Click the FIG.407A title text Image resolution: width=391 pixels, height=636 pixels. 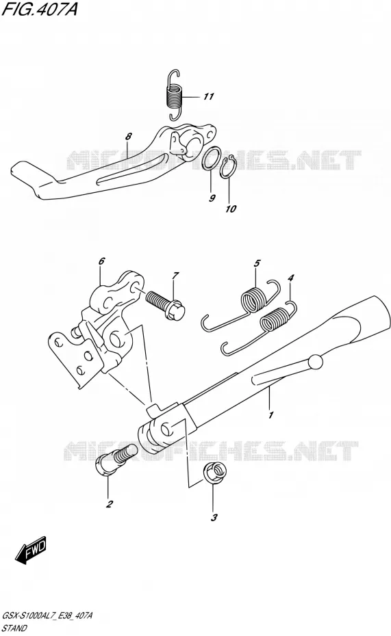click(39, 10)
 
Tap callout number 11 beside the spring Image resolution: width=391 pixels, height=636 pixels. click(208, 97)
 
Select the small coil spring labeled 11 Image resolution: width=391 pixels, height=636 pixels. click(175, 95)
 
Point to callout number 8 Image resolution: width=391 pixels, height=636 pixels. click(128, 137)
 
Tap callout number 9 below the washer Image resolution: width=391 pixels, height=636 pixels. click(212, 198)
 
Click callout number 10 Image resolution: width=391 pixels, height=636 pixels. click(231, 209)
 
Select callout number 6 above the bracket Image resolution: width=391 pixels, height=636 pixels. click(101, 261)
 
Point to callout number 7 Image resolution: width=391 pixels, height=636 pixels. click(175, 276)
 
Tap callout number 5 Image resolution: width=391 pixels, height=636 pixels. click(257, 264)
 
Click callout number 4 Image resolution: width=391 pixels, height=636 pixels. click(291, 278)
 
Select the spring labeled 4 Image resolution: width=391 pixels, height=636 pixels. click(260, 328)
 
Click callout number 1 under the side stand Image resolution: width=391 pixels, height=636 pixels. click(270, 414)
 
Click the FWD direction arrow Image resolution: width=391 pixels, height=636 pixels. click(31, 551)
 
